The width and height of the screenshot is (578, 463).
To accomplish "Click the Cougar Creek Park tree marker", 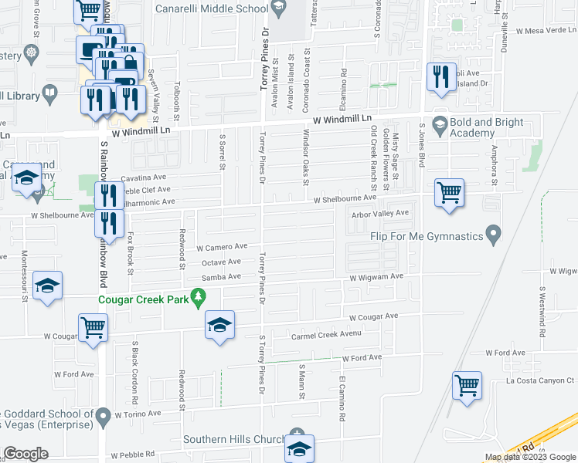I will [x=199, y=296].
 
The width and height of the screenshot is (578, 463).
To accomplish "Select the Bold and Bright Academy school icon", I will [x=440, y=123].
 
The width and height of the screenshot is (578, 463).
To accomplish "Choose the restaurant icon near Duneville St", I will [x=441, y=77].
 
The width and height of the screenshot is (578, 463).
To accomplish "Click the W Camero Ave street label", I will [x=222, y=248].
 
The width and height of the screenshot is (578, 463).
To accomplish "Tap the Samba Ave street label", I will [x=216, y=277].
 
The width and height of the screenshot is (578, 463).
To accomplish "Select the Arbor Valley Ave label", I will [x=379, y=213].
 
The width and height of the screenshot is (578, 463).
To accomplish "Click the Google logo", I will [x=25, y=454].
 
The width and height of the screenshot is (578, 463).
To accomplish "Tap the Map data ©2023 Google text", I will [x=529, y=458].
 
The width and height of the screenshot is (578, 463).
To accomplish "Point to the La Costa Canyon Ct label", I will [x=540, y=380].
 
